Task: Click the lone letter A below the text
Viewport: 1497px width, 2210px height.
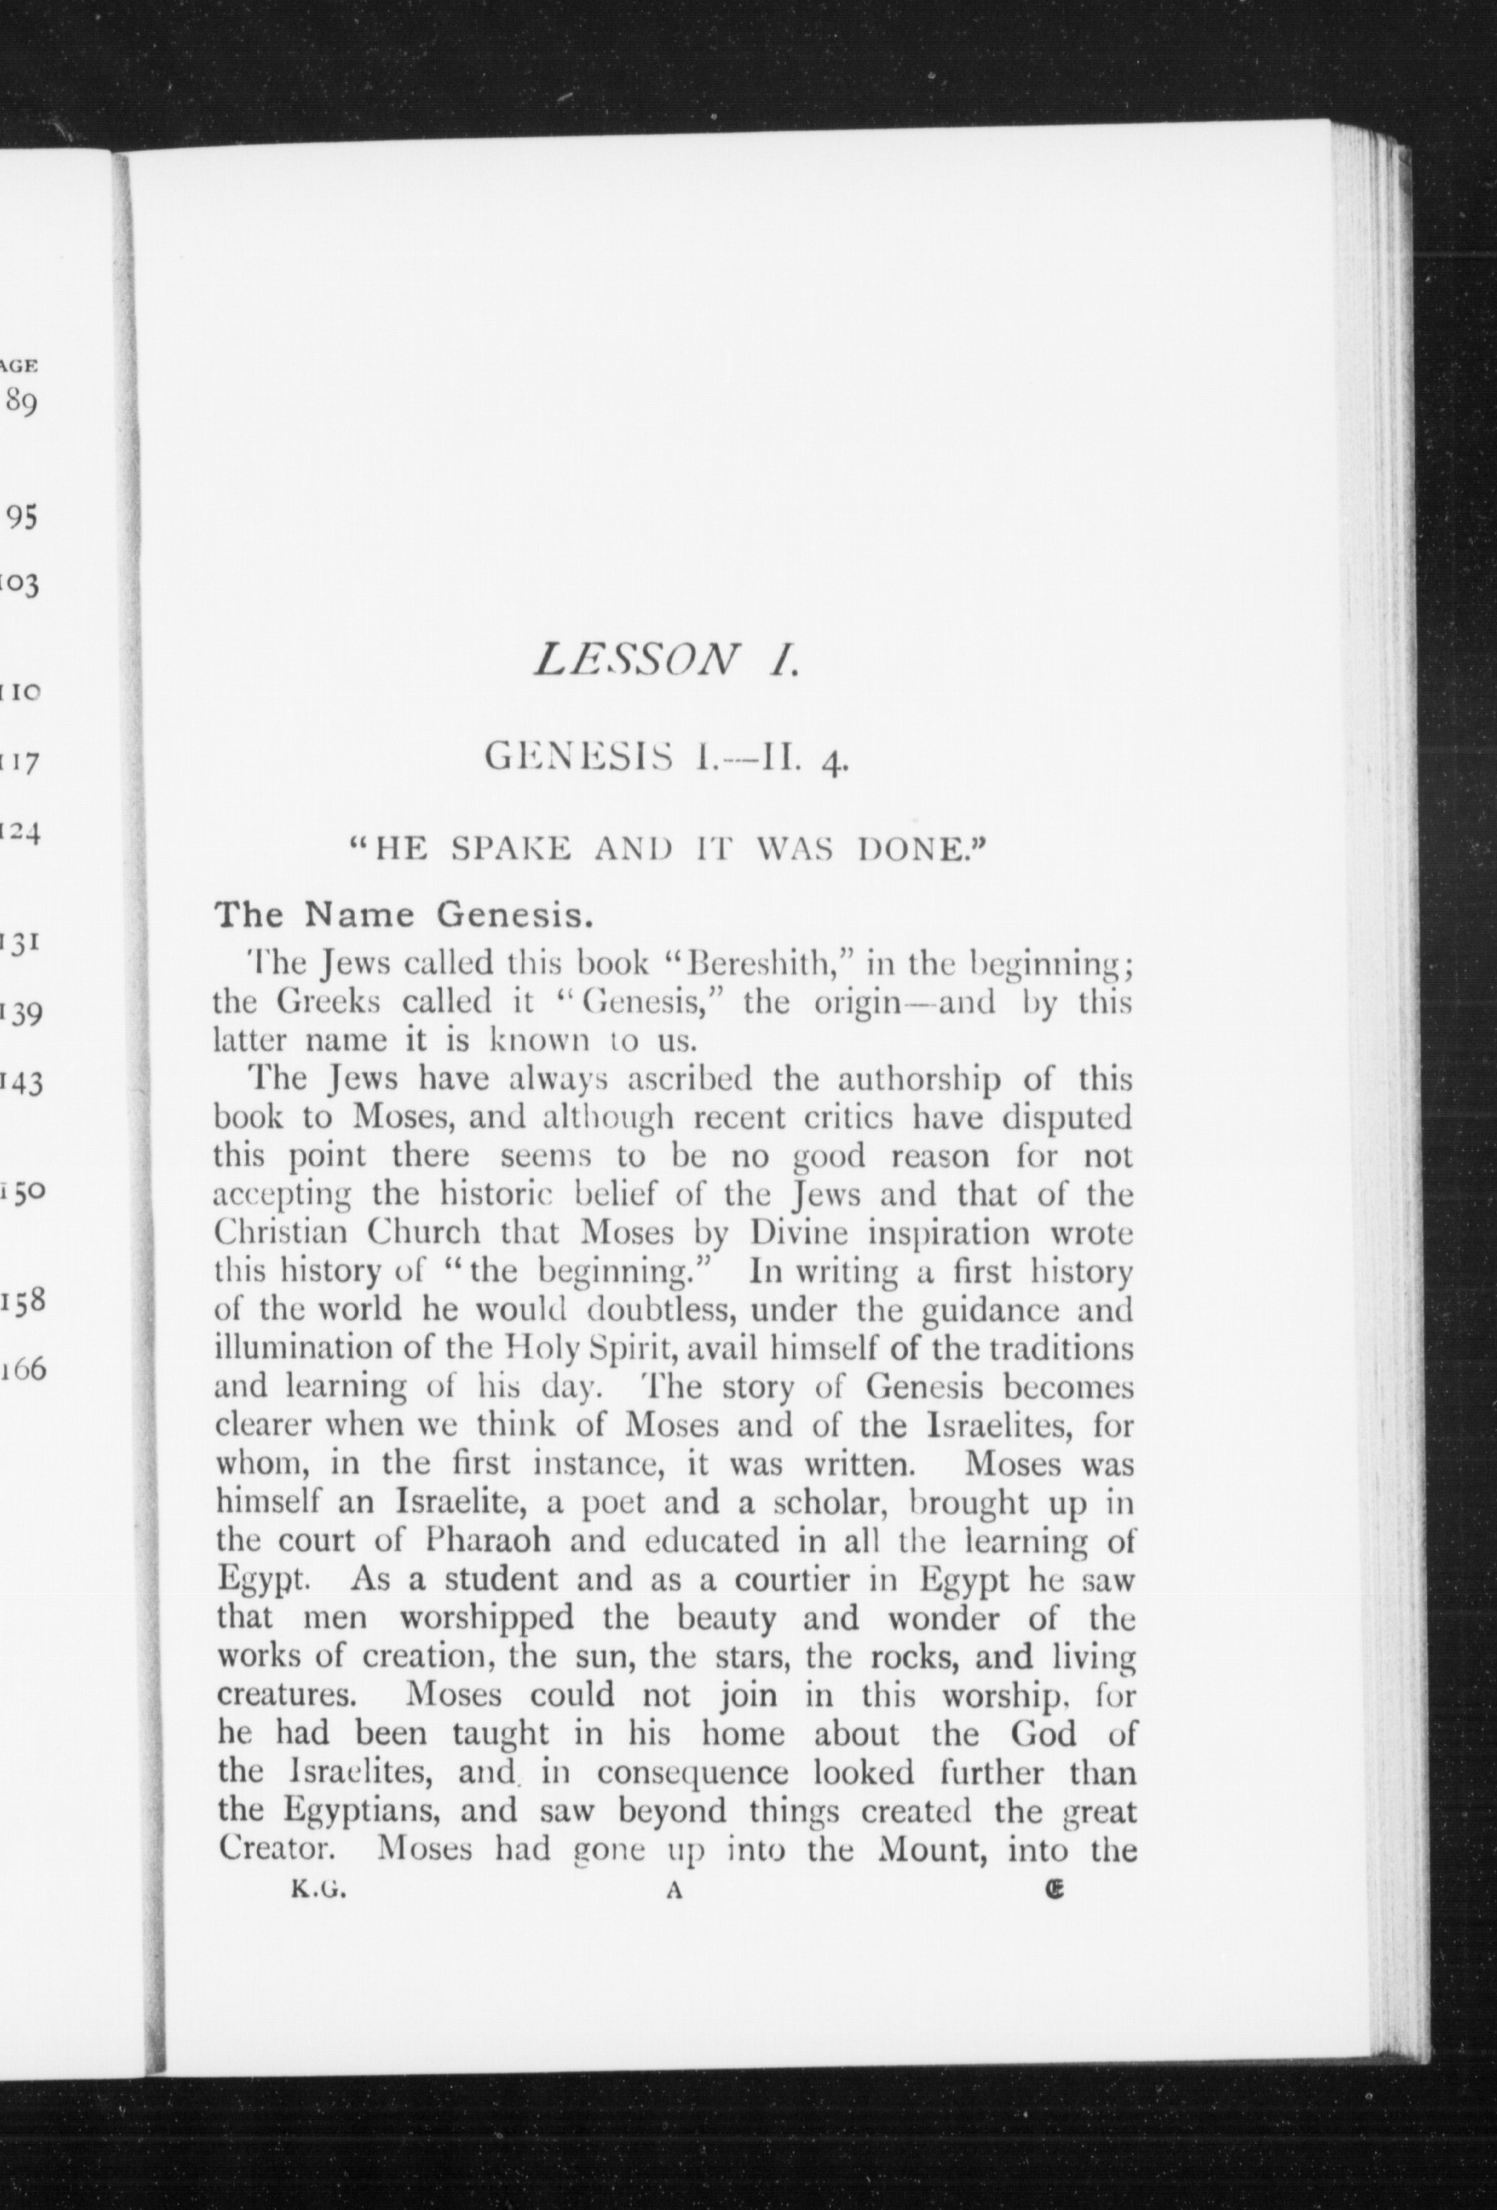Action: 675,1892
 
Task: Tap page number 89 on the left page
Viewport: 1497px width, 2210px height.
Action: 21,402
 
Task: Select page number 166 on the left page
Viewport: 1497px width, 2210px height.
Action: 25,1370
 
